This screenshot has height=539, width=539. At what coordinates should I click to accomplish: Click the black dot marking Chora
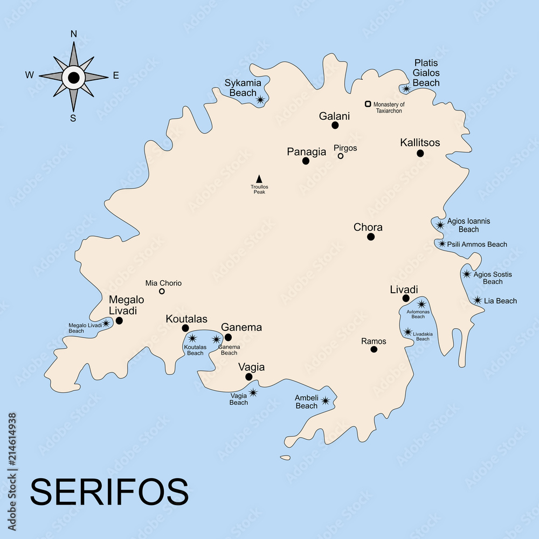coord(371,237)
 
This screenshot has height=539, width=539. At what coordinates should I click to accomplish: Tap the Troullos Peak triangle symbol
coord(259,178)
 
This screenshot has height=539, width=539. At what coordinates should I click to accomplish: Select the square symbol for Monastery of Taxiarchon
coord(368,104)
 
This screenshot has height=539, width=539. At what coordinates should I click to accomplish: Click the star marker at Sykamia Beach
coord(261,100)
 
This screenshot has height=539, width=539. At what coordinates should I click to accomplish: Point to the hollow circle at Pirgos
coord(341,156)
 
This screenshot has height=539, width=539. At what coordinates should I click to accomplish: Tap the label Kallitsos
coord(420,143)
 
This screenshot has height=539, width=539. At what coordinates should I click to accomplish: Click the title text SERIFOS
coord(109,492)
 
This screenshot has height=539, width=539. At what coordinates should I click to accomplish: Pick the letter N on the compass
coord(74,34)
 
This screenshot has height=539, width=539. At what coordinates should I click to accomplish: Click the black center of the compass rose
coord(74,78)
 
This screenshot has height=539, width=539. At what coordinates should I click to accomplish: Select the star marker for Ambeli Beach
coord(326,400)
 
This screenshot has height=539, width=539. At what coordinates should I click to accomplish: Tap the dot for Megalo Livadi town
coord(119,321)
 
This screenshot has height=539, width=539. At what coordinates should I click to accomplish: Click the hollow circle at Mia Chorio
coord(162,292)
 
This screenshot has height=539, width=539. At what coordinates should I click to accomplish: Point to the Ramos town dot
coord(374,349)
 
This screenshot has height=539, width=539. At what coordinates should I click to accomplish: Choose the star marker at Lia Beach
coord(478,300)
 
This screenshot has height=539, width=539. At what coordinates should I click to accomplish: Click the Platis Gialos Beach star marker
coord(406,88)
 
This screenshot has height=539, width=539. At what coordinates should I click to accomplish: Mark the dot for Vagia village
coord(248,377)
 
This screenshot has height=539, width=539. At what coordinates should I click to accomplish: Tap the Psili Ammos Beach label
coord(477,244)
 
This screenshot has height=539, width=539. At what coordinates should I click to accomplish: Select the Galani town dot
coord(335,125)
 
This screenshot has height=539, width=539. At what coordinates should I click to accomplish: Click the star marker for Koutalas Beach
coord(192,338)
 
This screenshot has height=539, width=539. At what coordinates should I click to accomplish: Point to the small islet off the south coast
coord(285,458)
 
